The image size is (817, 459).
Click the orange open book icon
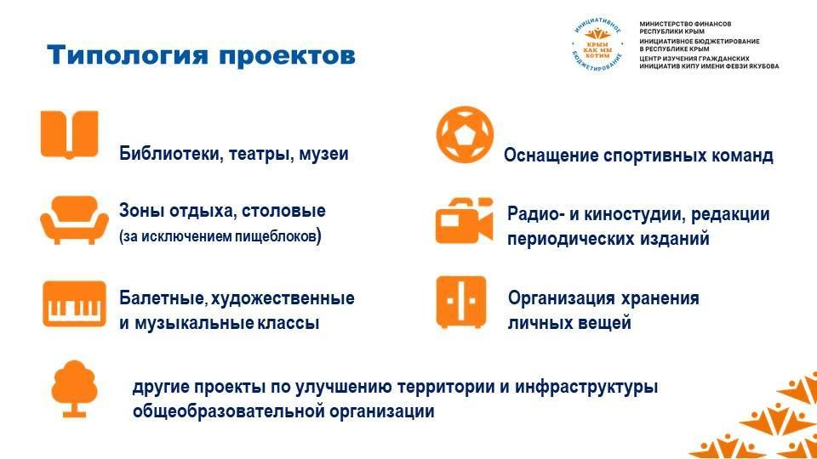click(69, 134)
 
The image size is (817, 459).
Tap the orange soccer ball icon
click(465, 135)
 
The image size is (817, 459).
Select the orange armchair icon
click(75, 220)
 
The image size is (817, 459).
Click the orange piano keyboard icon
click(74, 304)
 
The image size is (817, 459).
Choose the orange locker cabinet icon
click(461, 303)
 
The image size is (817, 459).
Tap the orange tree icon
click(75, 388)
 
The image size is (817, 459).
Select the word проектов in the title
click(287, 55)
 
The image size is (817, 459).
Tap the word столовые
click(283, 211)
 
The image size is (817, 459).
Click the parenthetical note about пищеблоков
click(220, 236)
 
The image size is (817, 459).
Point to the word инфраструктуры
click(586, 388)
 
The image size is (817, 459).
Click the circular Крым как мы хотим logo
click(597, 44)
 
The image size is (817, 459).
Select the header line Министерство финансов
click(685, 24)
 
